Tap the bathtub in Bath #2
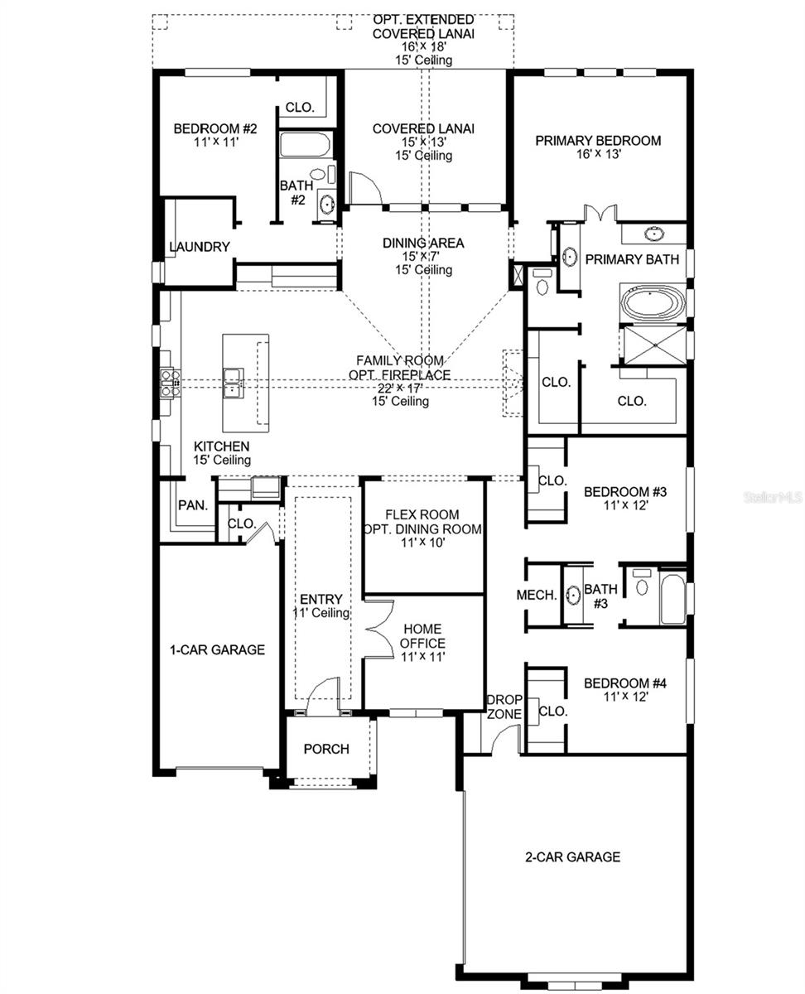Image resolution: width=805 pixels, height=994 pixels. [306, 145]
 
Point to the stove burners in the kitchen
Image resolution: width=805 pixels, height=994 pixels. [171, 383]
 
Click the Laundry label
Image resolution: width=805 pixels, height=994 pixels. [199, 247]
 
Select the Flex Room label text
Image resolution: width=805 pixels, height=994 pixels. [422, 514]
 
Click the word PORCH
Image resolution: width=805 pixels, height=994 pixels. [326, 749]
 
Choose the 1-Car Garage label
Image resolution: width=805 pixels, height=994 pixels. [218, 650]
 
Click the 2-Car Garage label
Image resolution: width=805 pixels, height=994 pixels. [571, 857]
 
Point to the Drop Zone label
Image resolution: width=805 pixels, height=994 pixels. [504, 707]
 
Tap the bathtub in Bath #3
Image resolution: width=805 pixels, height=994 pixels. [672, 599]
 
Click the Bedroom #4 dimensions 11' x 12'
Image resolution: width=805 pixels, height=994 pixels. [624, 697]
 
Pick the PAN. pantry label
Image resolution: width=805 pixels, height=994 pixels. [193, 505]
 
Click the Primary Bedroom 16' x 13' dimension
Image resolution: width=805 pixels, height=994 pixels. [598, 154]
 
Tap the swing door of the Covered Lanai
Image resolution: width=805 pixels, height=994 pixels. [365, 188]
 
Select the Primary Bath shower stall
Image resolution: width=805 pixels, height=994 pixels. [653, 345]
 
